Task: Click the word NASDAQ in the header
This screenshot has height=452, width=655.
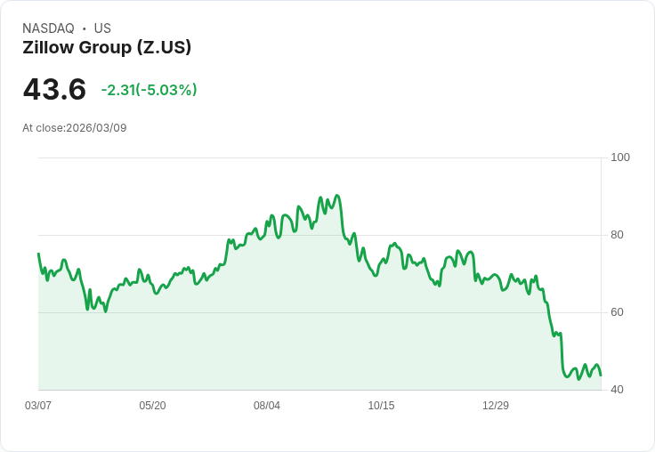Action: click(x=48, y=28)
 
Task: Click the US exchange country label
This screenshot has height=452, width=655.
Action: click(x=102, y=28)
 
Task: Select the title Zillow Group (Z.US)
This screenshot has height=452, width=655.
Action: click(x=107, y=47)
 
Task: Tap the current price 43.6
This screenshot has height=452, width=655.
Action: click(x=54, y=90)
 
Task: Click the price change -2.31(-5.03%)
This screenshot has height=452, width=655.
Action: click(x=149, y=90)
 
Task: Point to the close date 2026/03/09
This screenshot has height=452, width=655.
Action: click(x=96, y=128)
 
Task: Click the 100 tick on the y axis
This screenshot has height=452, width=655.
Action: click(x=620, y=157)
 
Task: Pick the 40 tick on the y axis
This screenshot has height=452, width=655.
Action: click(x=617, y=390)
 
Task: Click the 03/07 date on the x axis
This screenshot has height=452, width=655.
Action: click(x=38, y=406)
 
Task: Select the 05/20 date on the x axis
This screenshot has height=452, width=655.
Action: click(x=152, y=406)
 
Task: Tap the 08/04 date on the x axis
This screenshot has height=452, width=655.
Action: click(x=267, y=406)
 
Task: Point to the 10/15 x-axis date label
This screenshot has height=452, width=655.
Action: click(x=381, y=406)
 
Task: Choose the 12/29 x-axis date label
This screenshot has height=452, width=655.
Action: click(x=496, y=406)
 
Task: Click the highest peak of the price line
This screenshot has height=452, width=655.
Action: click(x=336, y=196)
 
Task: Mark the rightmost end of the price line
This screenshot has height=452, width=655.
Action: click(x=601, y=375)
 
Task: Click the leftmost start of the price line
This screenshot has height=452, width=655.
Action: click(x=38, y=254)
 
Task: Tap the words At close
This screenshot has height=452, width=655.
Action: click(x=43, y=128)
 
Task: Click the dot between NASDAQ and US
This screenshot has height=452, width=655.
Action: click(x=85, y=28)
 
